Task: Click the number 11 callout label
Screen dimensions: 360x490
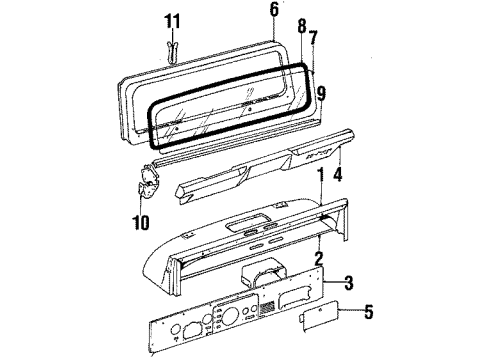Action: point(172,20)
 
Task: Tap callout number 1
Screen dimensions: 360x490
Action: point(321,173)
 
